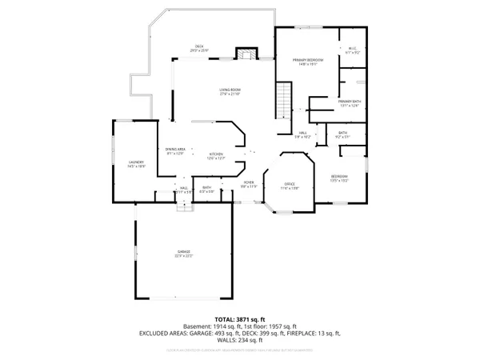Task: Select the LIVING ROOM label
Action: [230, 91]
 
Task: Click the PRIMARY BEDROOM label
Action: [308, 61]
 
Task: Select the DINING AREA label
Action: [175, 150]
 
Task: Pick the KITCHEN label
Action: [217, 155]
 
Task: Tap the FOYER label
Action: [249, 184]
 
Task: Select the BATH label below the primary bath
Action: [342, 134]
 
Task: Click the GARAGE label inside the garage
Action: [185, 254]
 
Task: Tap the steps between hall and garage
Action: [185, 206]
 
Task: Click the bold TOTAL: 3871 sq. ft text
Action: [239, 319]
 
